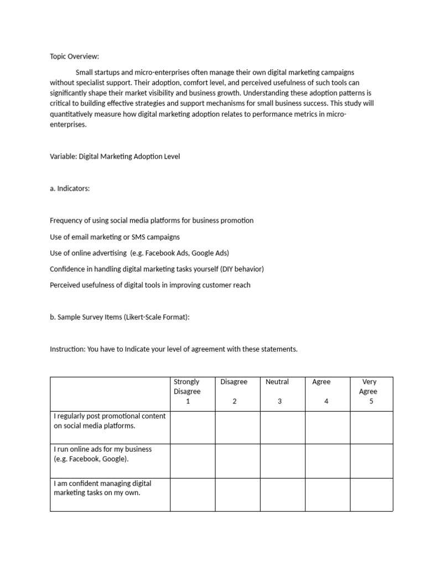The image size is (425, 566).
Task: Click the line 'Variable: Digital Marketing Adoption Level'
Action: point(115,156)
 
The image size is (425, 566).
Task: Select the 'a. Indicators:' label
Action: point(70,188)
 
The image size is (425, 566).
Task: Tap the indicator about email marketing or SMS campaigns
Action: point(115,237)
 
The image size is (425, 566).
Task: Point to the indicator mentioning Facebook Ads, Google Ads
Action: point(139,253)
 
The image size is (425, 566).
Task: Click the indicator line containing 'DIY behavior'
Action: point(157,269)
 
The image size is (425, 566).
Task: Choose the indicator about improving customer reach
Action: point(150,285)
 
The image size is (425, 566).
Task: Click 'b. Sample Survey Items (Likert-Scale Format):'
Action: point(120,317)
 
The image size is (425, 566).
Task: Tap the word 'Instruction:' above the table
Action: point(68,349)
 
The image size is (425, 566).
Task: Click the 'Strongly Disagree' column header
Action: point(186,386)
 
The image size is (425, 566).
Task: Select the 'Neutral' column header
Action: point(277,382)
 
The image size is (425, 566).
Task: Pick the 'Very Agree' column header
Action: point(369,386)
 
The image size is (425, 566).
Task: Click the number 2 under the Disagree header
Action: point(235,401)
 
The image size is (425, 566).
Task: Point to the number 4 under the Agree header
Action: point(326,401)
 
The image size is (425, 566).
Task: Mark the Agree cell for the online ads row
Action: point(327,461)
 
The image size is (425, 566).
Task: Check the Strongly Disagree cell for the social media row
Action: point(193,427)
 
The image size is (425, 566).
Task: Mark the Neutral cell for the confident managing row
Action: point(282,495)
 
